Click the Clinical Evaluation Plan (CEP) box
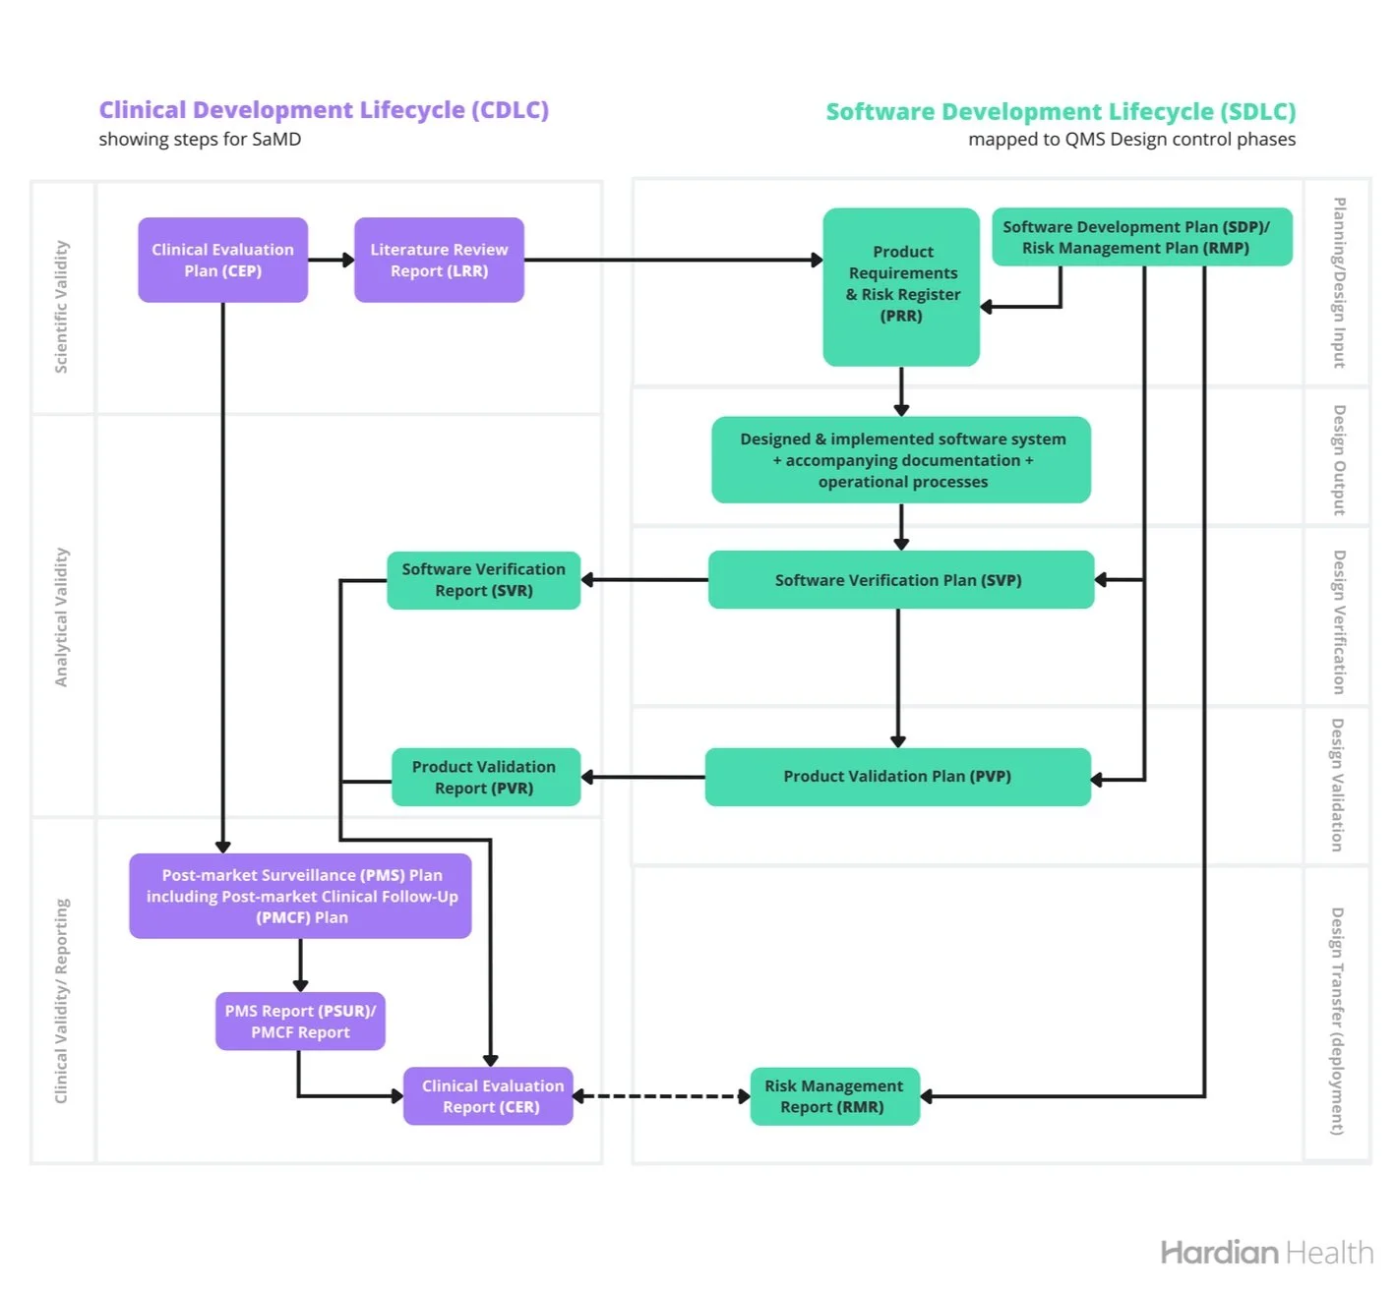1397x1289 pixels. [222, 260]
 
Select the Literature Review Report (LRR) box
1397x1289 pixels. [439, 260]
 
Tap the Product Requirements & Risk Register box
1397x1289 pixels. [901, 286]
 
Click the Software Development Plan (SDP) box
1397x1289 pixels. [1141, 237]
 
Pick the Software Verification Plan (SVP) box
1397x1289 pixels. [900, 580]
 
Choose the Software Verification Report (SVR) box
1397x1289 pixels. [483, 580]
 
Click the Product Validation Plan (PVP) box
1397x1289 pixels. [897, 777]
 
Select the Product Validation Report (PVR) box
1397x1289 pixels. [485, 777]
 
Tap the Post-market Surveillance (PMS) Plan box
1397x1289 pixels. [301, 896]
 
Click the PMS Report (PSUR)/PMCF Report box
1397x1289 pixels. [300, 1022]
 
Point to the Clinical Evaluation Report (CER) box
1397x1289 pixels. [489, 1096]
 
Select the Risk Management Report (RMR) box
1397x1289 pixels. [834, 1096]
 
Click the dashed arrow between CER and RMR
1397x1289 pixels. [661, 1096]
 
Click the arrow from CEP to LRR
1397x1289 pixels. [331, 260]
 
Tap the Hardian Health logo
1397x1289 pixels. [1266, 1253]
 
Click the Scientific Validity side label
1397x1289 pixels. [61, 306]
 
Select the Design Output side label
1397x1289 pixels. [1338, 459]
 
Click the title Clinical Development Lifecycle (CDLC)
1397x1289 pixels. [324, 110]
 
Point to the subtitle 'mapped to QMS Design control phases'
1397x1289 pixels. [1131, 140]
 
